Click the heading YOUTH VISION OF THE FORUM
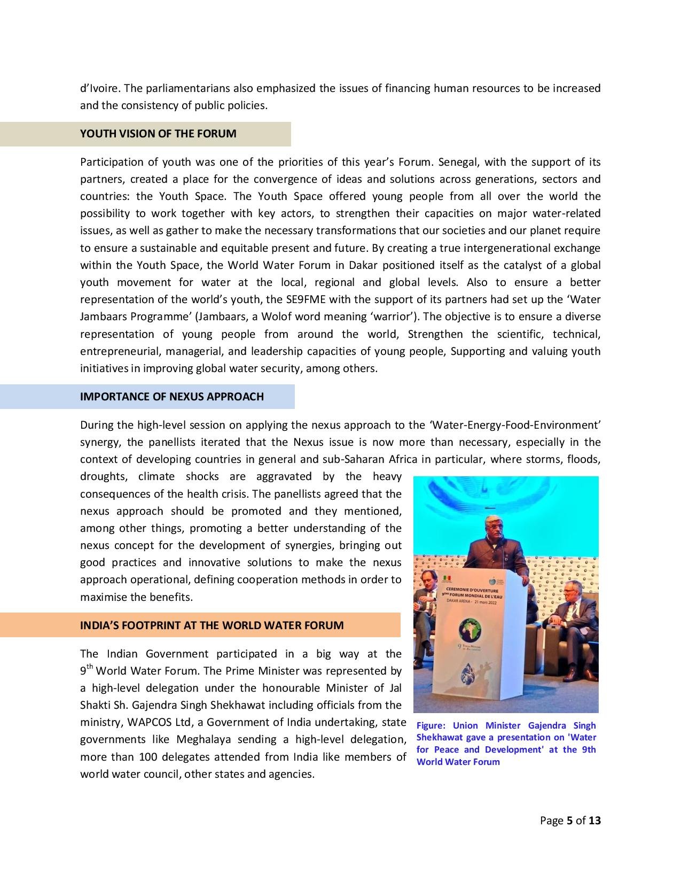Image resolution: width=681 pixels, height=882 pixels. coord(158,134)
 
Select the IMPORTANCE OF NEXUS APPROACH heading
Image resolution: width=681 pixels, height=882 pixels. coord(171,397)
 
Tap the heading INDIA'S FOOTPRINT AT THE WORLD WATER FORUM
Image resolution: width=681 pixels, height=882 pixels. coord(212,625)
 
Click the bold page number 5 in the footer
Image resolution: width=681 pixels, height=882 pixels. coord(569,821)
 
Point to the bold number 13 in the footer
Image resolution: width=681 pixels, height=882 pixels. coord(594,821)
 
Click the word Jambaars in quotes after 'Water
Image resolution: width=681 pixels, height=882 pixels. coord(105,316)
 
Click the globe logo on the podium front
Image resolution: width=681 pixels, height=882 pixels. coord(472,629)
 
